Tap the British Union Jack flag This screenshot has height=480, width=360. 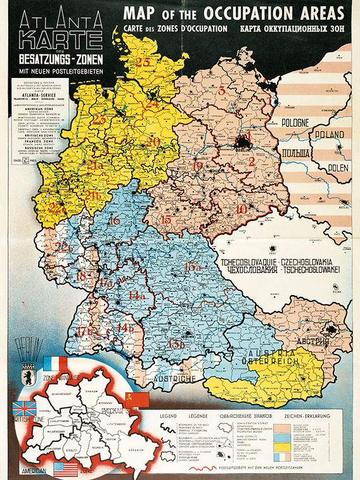tap(25, 408)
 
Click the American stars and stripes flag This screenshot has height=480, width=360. tap(66, 469)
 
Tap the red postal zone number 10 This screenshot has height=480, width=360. tap(241, 209)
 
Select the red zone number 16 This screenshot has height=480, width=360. tap(115, 222)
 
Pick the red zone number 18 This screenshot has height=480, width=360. tap(81, 276)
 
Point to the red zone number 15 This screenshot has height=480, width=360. tap(166, 220)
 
